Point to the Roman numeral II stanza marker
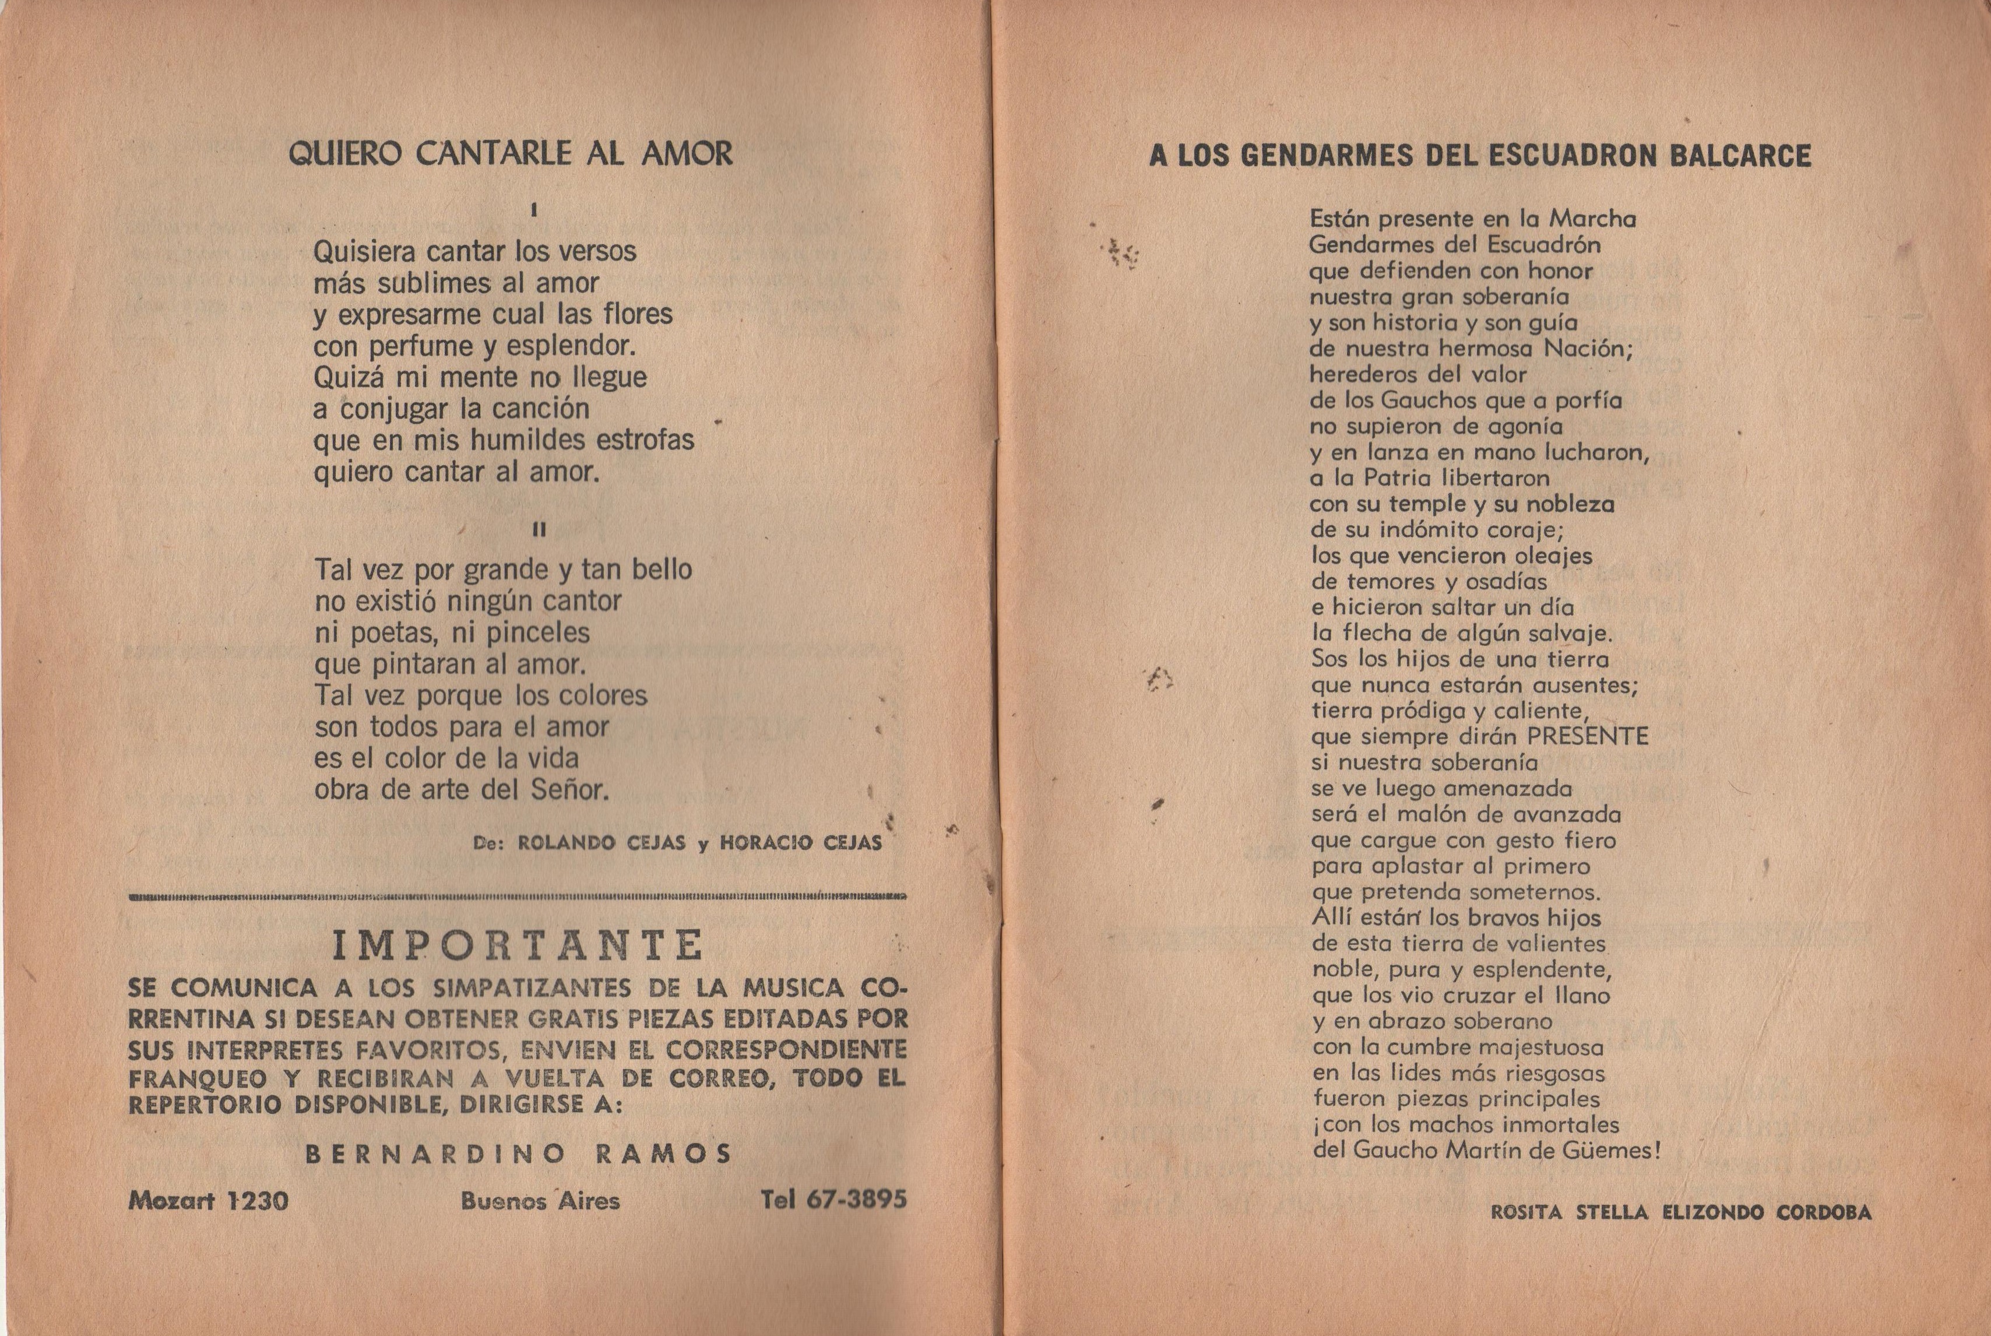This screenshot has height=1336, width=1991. click(x=539, y=530)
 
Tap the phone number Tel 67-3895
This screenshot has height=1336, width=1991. click(x=833, y=1201)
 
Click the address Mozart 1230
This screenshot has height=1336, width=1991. click(x=209, y=1201)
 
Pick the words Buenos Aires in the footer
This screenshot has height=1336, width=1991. click(x=540, y=1201)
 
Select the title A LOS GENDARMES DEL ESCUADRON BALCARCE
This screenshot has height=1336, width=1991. click(x=1480, y=156)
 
